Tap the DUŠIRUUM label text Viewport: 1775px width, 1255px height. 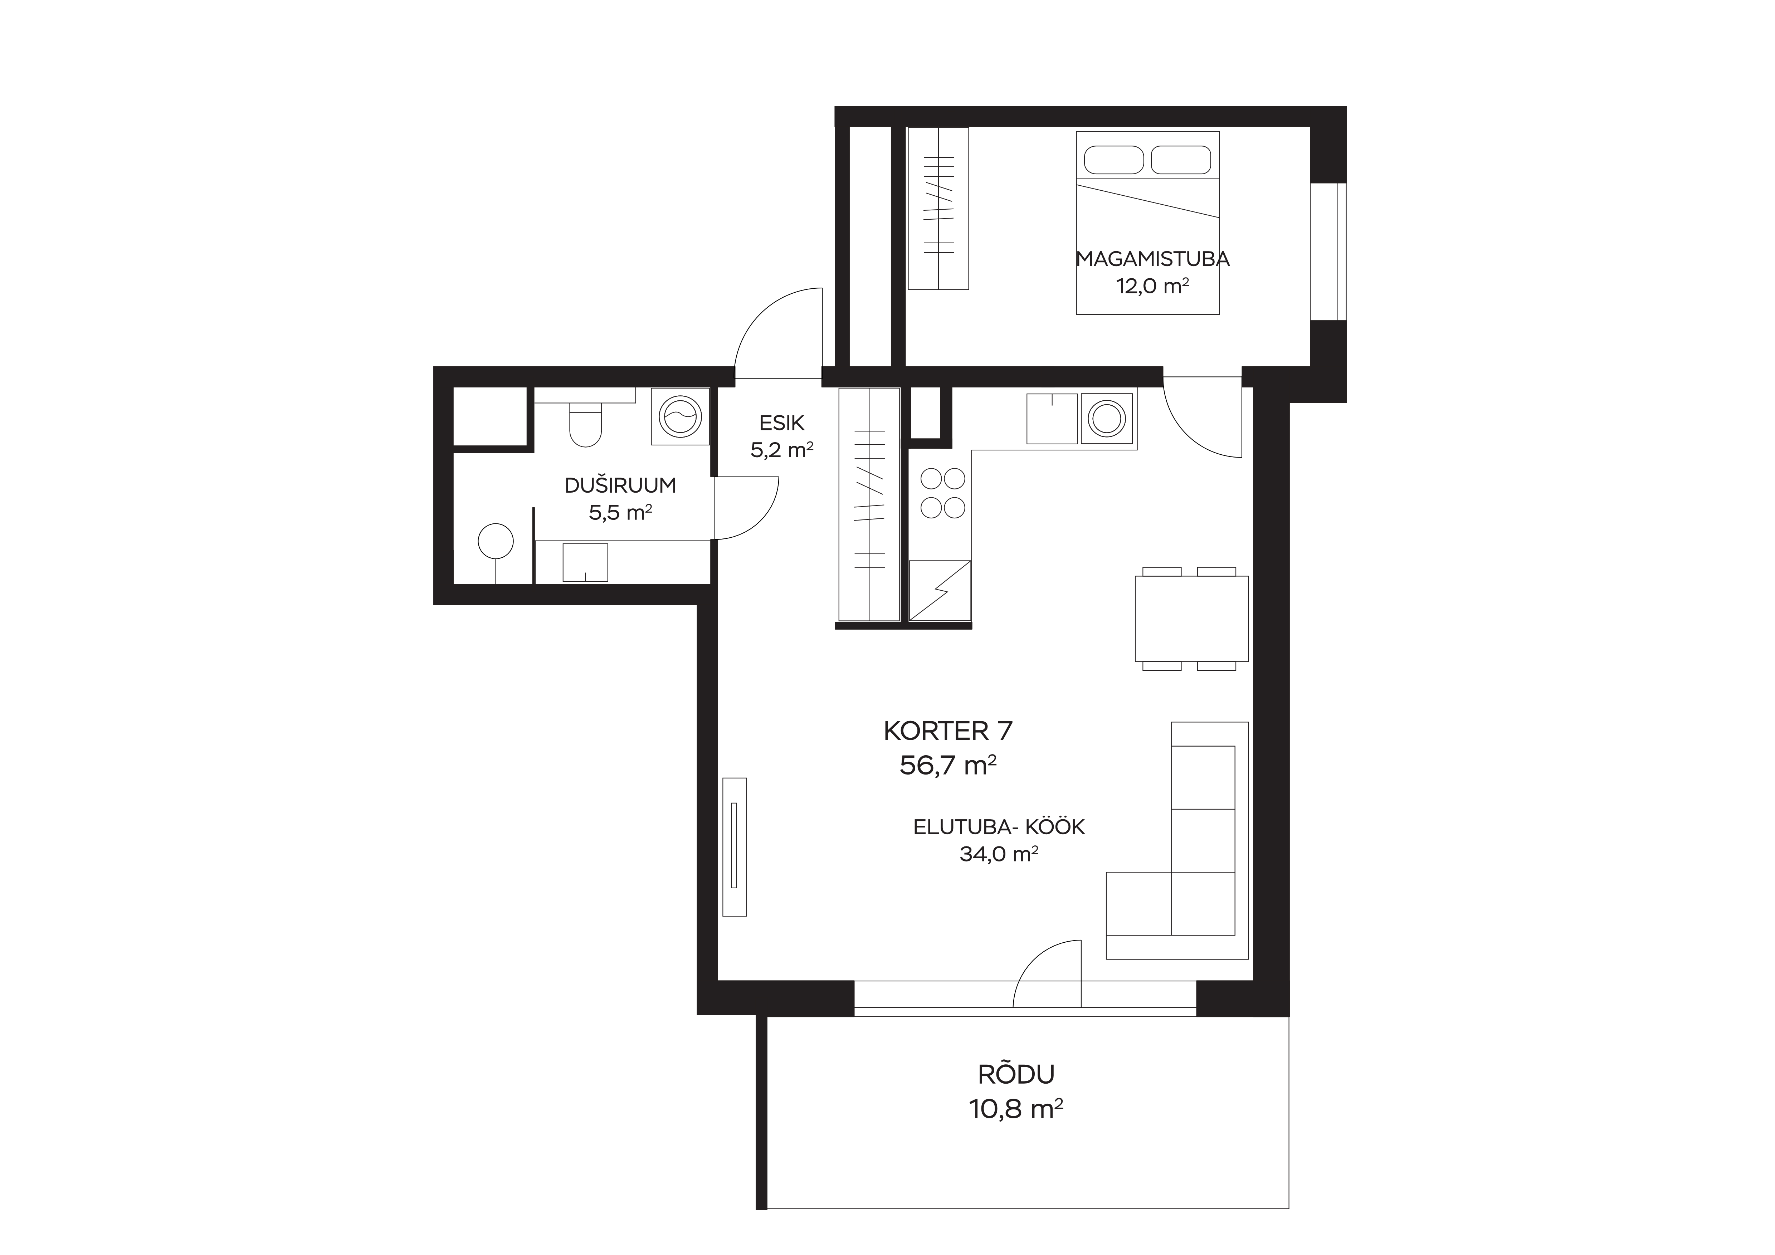pos(620,485)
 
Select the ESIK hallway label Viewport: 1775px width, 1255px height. pos(781,423)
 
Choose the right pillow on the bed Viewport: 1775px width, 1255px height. pos(1181,160)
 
